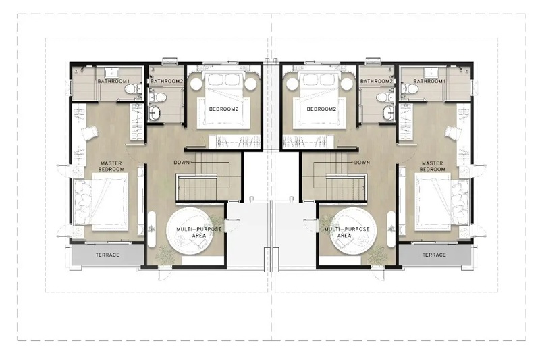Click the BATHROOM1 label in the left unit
(x=113, y=81)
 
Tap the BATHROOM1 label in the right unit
(x=429, y=81)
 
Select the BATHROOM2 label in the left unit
(x=167, y=81)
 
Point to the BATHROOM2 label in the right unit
(x=377, y=81)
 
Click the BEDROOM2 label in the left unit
(x=224, y=109)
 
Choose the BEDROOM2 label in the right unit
(x=321, y=109)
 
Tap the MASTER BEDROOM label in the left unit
(x=111, y=166)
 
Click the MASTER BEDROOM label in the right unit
(x=432, y=166)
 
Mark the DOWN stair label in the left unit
(x=182, y=163)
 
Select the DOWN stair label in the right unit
(x=362, y=163)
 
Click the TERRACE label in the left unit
(x=107, y=255)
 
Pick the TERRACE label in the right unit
(x=434, y=255)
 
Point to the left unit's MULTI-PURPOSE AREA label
(x=199, y=232)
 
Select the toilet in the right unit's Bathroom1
(x=412, y=90)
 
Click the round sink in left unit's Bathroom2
(x=155, y=111)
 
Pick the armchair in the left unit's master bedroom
(x=90, y=132)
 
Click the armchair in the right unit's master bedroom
(x=453, y=132)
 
